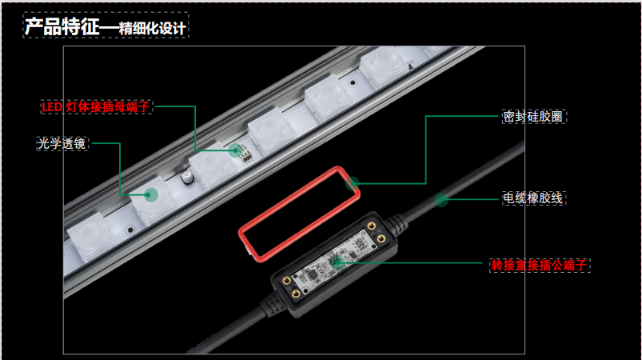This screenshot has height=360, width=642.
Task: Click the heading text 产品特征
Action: click(62, 26)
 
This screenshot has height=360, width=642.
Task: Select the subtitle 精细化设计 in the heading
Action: click(153, 28)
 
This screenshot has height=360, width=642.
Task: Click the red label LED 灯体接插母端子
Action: click(96, 107)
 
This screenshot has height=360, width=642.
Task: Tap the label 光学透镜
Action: click(62, 143)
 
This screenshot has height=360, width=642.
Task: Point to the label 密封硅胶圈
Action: click(533, 116)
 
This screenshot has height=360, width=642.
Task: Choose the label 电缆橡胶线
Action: click(533, 198)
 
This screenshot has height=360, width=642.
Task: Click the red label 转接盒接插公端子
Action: click(539, 265)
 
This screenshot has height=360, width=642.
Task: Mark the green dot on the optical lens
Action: click(151, 194)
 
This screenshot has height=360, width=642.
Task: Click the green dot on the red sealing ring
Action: click(352, 183)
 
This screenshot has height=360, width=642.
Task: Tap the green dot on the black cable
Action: click(441, 200)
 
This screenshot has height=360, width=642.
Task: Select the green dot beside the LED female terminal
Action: click(235, 150)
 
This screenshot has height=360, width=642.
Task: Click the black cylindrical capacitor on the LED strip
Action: click(187, 177)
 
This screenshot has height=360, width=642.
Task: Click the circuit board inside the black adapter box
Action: click(333, 259)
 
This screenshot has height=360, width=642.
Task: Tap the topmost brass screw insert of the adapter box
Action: click(371, 226)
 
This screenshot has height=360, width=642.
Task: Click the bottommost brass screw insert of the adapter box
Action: click(296, 294)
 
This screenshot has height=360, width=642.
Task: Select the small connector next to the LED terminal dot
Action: click(246, 154)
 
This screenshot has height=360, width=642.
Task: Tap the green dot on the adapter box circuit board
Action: click(337, 261)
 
